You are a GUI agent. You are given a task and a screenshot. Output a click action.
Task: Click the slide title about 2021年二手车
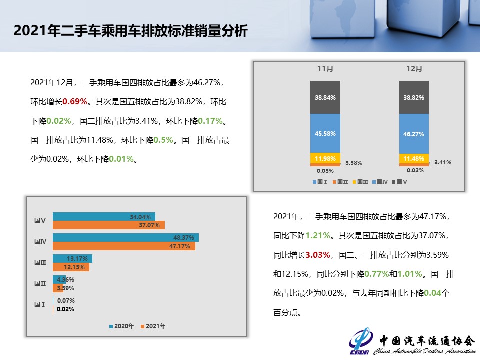click(130, 31)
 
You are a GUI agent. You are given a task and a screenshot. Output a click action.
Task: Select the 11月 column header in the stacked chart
click(325, 69)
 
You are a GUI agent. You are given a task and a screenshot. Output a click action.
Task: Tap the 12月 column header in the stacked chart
click(414, 69)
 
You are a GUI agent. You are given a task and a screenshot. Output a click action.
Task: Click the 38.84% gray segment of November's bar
click(325, 97)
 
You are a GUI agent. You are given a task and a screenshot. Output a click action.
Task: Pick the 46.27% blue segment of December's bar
click(414, 134)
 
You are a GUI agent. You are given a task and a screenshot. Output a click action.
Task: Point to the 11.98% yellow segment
click(325, 158)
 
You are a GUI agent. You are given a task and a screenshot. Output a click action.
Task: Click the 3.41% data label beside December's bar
click(443, 162)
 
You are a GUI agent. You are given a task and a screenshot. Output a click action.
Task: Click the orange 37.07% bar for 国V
click(109, 225)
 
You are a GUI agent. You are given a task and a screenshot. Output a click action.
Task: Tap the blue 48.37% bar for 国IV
click(126, 237)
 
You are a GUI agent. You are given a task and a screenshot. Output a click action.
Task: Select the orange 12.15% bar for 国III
click(71, 267)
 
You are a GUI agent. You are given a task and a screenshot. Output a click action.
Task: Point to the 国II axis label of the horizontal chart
click(40, 283)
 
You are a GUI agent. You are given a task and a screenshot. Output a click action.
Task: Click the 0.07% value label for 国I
click(66, 301)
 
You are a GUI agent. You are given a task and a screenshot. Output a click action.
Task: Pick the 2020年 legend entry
click(122, 326)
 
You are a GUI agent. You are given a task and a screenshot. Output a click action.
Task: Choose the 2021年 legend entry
click(153, 326)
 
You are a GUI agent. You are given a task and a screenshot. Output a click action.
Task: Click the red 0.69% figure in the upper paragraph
click(75, 101)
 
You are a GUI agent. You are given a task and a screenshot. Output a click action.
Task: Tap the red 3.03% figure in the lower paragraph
click(318, 255)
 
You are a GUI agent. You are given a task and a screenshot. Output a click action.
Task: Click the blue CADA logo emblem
click(361, 342)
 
